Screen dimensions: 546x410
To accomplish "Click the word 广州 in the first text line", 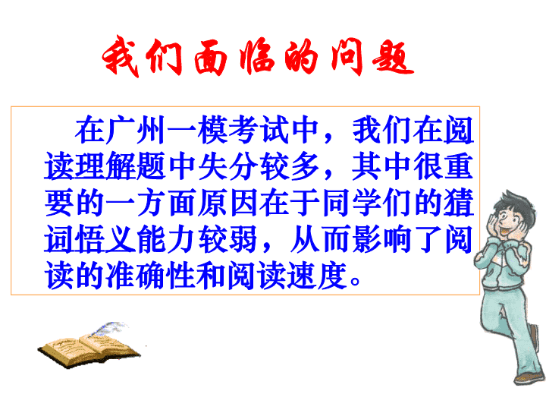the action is click(136, 131).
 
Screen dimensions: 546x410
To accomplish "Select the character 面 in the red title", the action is click(211, 58).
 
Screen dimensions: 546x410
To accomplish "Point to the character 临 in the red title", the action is click(256, 58).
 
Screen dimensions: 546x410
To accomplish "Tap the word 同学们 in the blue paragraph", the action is click(367, 203).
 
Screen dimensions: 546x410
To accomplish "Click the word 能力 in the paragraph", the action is click(166, 239).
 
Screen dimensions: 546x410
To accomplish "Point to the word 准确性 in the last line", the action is click(150, 276).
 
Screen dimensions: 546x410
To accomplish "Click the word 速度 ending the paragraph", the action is click(318, 276).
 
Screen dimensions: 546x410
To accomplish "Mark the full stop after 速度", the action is click(356, 282).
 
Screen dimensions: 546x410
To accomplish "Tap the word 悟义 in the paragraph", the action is click(105, 239).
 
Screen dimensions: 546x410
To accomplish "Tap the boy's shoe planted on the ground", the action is click(529, 378).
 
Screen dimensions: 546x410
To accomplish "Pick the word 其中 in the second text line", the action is click(381, 166).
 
